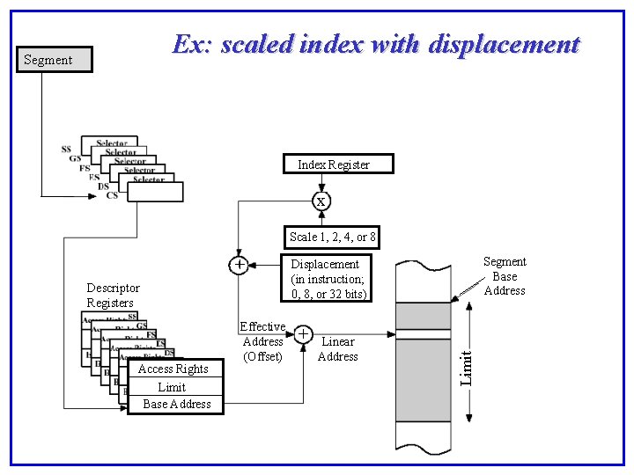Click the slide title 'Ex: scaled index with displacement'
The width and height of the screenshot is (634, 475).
[x=376, y=45]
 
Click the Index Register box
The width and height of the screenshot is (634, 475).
[x=339, y=164]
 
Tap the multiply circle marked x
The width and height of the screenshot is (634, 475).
[x=321, y=201]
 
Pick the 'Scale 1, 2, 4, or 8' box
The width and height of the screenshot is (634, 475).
[x=333, y=237]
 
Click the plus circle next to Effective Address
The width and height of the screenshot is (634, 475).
[x=302, y=334]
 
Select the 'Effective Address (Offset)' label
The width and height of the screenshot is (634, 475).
[x=262, y=342]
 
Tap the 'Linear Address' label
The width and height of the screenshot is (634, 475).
[x=337, y=349]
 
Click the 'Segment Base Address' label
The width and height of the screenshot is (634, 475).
[x=505, y=276]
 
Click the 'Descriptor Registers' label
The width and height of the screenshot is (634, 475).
[x=113, y=296]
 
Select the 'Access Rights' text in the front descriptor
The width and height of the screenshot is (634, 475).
[x=173, y=369]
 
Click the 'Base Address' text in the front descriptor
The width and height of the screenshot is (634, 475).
[x=177, y=405]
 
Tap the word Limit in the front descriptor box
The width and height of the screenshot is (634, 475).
[x=172, y=387]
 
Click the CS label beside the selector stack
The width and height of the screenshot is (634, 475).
[x=112, y=195]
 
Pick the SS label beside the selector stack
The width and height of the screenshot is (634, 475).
[x=66, y=150]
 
